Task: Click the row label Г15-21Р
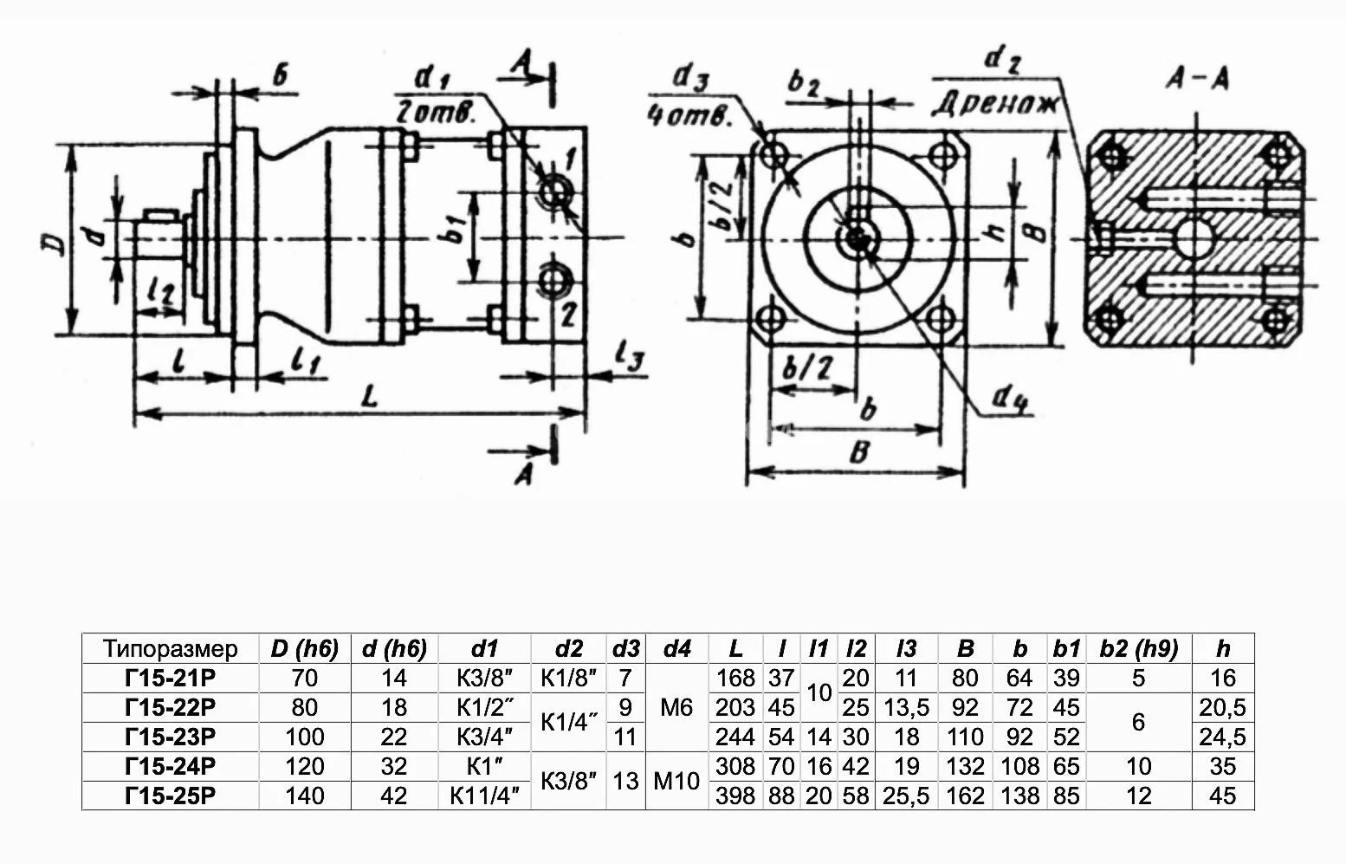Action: pos(170,678)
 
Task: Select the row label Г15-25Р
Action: pos(170,796)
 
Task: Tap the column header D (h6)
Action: pos(304,648)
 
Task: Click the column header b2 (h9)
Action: pos(1138,648)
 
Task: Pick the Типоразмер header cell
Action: pos(170,648)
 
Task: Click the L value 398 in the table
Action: pos(735,796)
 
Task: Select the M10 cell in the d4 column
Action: pos(676,781)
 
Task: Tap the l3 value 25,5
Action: pos(906,796)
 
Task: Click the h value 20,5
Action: pos(1222,707)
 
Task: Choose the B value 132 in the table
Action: pos(965,766)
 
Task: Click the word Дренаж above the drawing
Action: pos(995,104)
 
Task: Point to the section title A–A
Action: pos(1197,80)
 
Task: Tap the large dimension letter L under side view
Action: pos(370,397)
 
